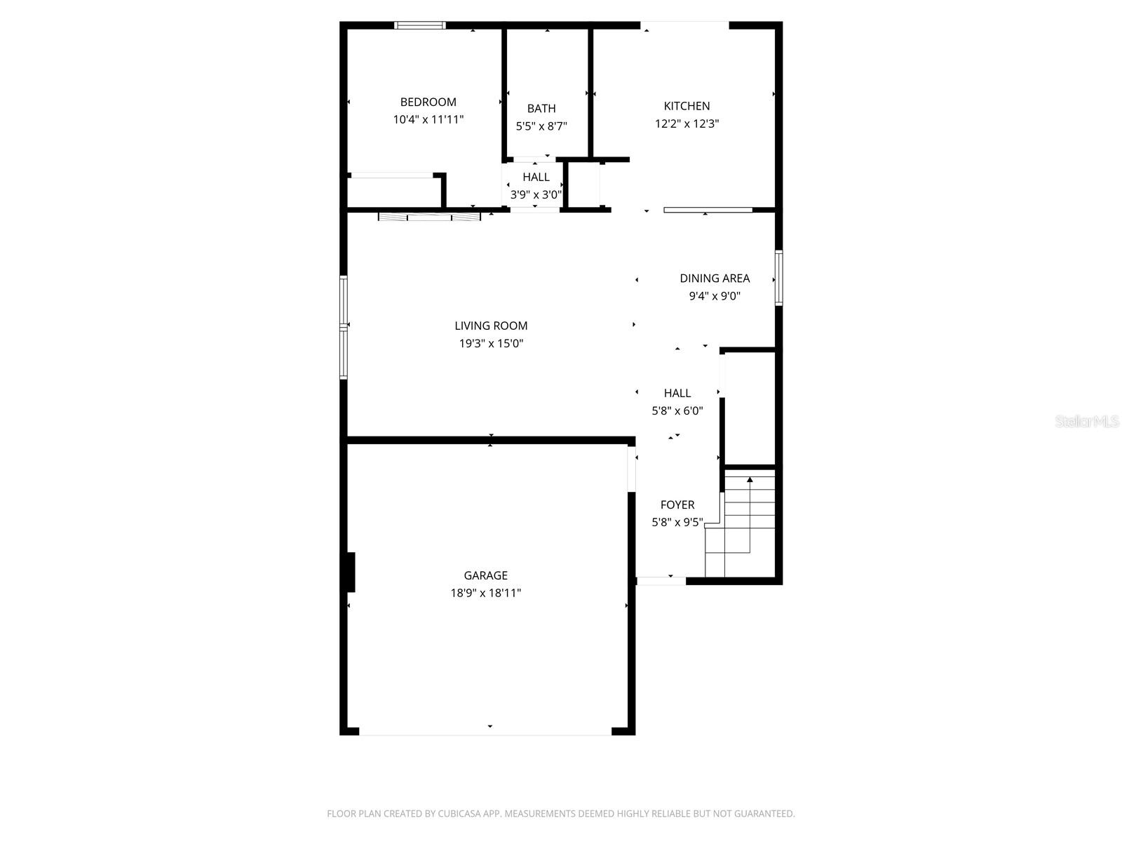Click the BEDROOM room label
[x=428, y=102]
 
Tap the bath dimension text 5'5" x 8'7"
[x=541, y=126]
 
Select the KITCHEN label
[x=687, y=106]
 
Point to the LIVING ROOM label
[x=491, y=326]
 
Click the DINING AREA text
[x=715, y=279]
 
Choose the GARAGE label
[x=485, y=575]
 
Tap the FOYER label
[x=677, y=504]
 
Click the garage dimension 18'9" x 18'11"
[x=485, y=593]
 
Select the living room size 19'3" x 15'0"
[x=491, y=343]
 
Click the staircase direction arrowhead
[x=750, y=480]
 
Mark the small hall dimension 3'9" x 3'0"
[x=536, y=195]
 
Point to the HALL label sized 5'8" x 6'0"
[x=677, y=393]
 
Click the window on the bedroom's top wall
[x=420, y=25]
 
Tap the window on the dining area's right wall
[x=778, y=278]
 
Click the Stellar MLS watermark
[x=1087, y=421]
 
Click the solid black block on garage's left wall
[x=350, y=572]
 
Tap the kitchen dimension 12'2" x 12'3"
[x=687, y=123]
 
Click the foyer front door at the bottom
[x=661, y=580]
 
